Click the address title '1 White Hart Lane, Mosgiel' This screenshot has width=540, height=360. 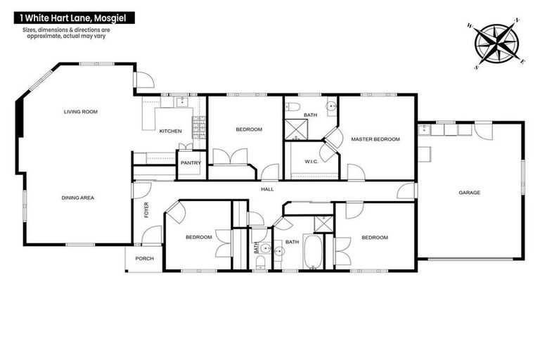[x=68, y=17]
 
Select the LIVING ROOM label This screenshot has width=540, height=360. [x=80, y=112]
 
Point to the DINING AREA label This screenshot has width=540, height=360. [x=77, y=198]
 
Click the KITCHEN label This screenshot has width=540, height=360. [x=170, y=131]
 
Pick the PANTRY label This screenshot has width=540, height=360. [x=191, y=163]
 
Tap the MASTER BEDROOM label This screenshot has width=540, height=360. [x=375, y=139]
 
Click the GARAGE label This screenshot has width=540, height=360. [x=469, y=192]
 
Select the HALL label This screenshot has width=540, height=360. [x=267, y=189]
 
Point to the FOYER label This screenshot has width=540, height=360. [x=147, y=210]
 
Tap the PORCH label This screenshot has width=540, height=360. [x=145, y=258]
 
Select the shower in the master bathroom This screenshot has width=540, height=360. [x=292, y=130]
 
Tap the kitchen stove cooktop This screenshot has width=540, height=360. [x=199, y=127]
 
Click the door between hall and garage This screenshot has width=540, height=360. [x=406, y=191]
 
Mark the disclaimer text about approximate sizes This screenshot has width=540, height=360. [x=67, y=33]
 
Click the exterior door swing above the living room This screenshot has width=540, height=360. [x=143, y=80]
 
